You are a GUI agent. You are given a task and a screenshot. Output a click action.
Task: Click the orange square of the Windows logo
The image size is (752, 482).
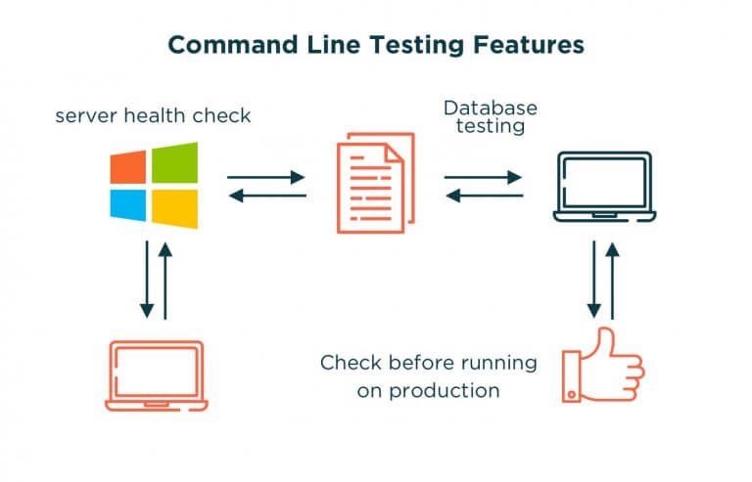(128, 167)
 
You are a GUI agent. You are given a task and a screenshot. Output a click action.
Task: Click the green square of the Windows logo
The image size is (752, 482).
(174, 162)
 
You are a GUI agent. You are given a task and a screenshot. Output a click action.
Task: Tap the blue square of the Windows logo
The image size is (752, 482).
(128, 204)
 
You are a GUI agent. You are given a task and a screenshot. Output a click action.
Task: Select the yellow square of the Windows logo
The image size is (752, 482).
(174, 207)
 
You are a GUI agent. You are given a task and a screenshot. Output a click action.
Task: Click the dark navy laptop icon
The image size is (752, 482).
(603, 185)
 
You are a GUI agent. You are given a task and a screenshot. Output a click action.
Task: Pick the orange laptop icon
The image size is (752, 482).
(156, 374)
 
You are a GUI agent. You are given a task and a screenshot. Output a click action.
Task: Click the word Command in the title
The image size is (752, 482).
(222, 45)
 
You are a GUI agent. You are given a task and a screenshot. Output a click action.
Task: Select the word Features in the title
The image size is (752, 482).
(528, 45)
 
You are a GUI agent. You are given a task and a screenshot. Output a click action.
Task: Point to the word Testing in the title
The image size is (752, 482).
(412, 45)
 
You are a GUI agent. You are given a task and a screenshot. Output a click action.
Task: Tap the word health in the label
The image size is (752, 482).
(152, 116)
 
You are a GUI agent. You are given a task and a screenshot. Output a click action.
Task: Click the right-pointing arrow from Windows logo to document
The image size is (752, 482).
(266, 178)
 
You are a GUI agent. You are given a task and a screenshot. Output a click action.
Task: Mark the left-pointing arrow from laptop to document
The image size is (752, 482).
(483, 196)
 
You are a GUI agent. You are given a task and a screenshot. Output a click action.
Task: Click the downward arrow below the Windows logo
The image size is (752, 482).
(147, 280)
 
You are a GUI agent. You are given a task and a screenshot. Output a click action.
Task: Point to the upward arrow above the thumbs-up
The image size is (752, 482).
(613, 280)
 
